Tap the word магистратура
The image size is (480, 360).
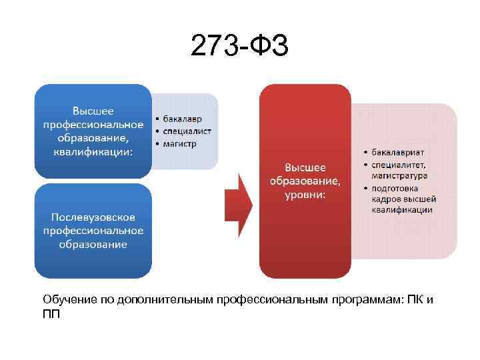pos(400,176)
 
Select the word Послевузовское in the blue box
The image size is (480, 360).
pos(93,218)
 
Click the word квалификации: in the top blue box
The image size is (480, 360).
pos(93,151)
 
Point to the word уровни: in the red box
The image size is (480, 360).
pos(305,194)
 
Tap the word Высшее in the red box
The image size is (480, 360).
pos(305,167)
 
